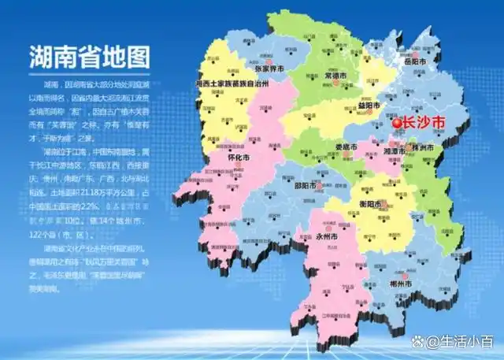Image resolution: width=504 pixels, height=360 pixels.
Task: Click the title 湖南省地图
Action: pyautogui.click(x=89, y=56)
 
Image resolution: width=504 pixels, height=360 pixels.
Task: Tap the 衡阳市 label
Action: pyautogui.click(x=377, y=205)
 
